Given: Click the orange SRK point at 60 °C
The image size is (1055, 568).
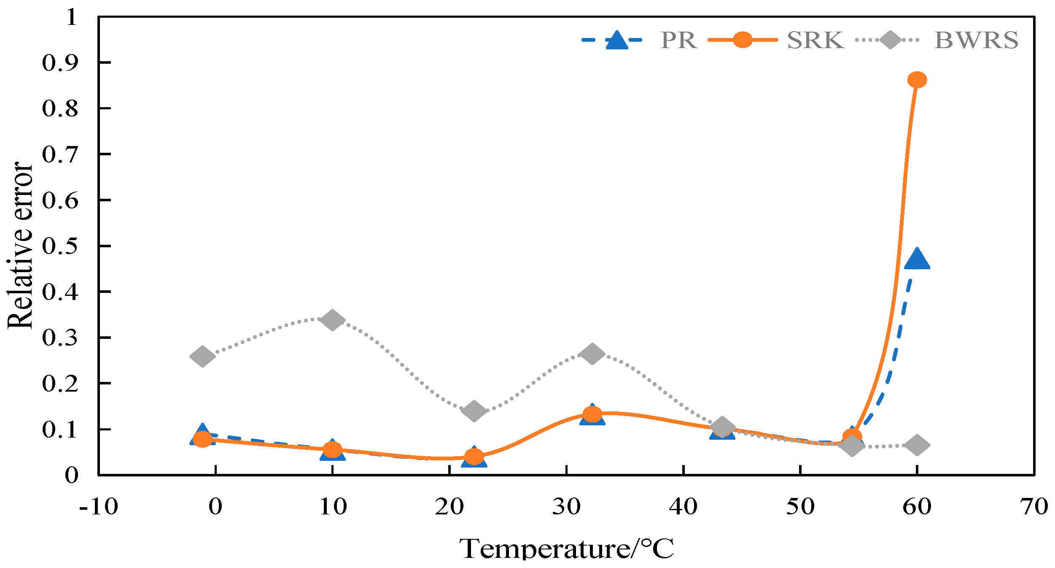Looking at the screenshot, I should (x=917, y=79).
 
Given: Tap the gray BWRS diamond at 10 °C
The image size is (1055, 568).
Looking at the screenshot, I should (x=332, y=320).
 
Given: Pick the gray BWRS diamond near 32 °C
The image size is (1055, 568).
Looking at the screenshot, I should (x=592, y=353).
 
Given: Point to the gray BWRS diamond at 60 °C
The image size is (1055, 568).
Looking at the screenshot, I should (x=917, y=445).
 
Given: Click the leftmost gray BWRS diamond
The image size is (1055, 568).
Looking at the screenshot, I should (x=202, y=357).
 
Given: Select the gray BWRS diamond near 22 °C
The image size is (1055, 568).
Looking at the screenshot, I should (x=474, y=411).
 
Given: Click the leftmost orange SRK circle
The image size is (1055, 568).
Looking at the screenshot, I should (x=202, y=439).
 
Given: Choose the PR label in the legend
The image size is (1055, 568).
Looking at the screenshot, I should (x=678, y=41).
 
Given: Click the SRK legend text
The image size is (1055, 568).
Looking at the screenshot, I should (x=815, y=41).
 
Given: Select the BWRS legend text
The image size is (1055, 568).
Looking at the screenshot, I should (x=976, y=41).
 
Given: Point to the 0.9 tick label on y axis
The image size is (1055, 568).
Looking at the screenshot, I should (x=60, y=63).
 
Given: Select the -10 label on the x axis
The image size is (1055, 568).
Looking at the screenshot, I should (x=98, y=506).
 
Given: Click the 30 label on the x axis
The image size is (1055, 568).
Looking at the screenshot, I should (x=566, y=506).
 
